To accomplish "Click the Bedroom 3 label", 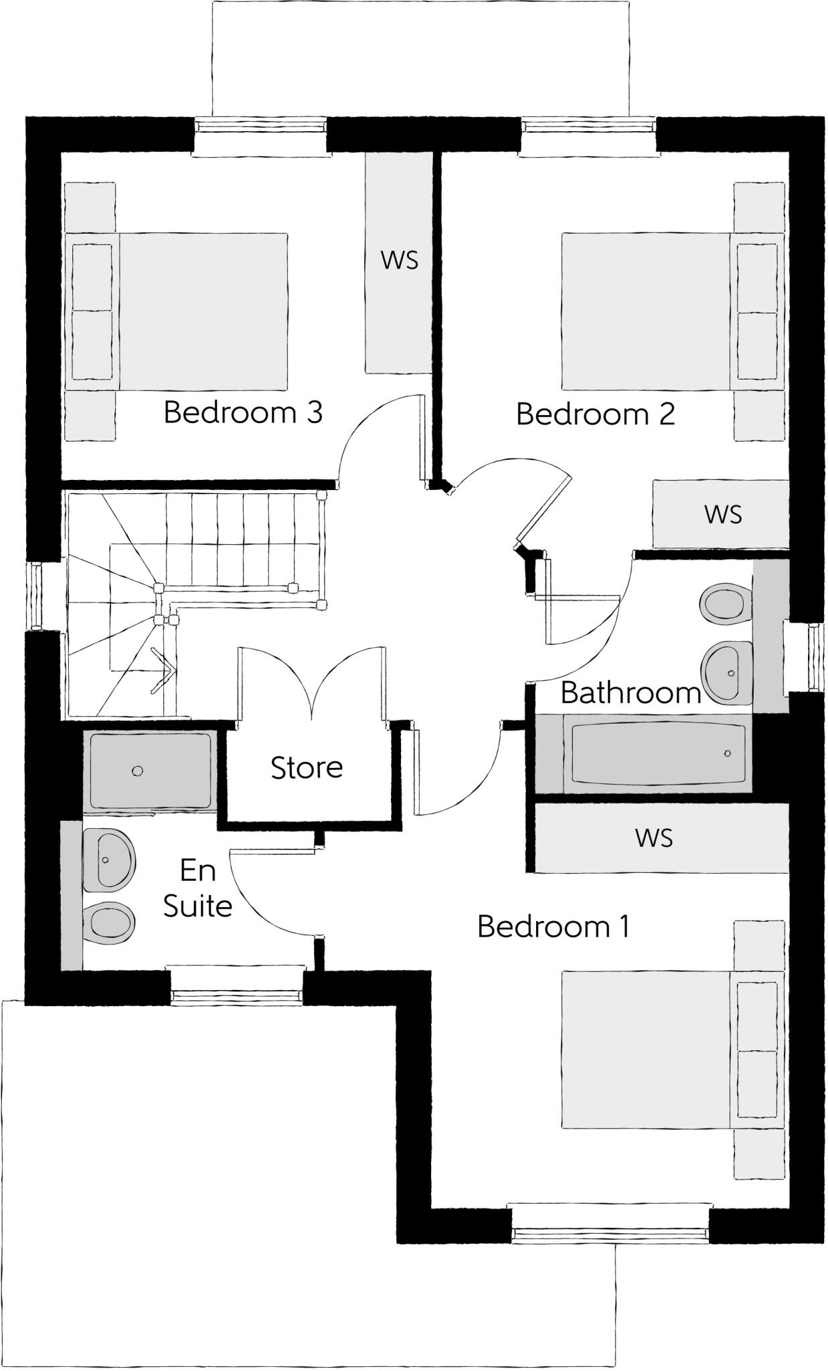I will [x=243, y=412].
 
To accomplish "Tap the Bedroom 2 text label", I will [x=595, y=414].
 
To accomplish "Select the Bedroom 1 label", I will [x=553, y=926].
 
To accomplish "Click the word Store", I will [x=307, y=768].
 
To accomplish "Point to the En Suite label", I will [x=197, y=888].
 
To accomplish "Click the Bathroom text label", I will [x=631, y=693].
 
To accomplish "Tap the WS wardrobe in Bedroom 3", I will [x=400, y=261].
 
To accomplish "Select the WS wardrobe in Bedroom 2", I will [x=722, y=514].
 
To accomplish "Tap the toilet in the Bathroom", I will [x=723, y=603].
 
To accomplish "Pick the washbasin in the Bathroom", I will [x=727, y=672].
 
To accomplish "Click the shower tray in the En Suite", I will [x=151, y=771].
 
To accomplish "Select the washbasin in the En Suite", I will [x=108, y=860].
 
